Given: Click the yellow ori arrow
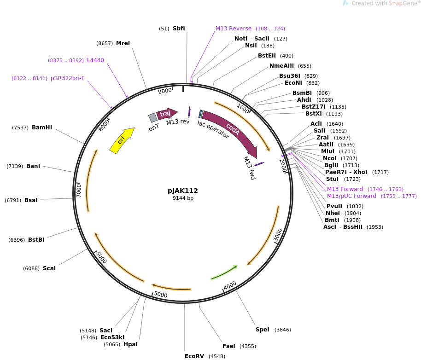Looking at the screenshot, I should pyautogui.click(x=122, y=140).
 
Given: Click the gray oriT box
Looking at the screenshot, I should pyautogui.click(x=153, y=118).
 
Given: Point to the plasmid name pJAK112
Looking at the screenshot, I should pyautogui.click(x=183, y=191).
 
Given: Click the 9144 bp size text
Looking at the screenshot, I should pyautogui.click(x=183, y=198).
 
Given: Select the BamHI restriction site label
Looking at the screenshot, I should pyautogui.click(x=42, y=128).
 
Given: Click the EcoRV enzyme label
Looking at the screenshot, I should pyautogui.click(x=194, y=356).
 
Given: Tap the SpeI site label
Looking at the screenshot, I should pyautogui.click(x=263, y=330).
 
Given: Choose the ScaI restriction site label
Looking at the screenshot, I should pyautogui.click(x=49, y=268).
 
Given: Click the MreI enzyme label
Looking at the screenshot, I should pyautogui.click(x=123, y=43).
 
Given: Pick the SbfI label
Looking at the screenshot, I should pyautogui.click(x=179, y=29).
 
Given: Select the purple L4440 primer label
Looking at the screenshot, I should pyautogui.click(x=95, y=60).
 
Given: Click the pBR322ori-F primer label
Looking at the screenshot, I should pyautogui.click(x=68, y=78).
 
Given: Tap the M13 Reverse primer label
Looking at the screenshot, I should pyautogui.click(x=234, y=29).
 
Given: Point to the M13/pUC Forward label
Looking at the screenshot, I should pyautogui.click(x=351, y=196).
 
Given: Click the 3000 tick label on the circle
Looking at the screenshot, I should pyautogui.click(x=278, y=235).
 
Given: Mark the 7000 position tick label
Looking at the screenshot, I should pyautogui.click(x=79, y=189).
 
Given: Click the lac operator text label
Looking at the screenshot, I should pyautogui.click(x=213, y=129).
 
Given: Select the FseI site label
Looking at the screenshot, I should pyautogui.click(x=228, y=346).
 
